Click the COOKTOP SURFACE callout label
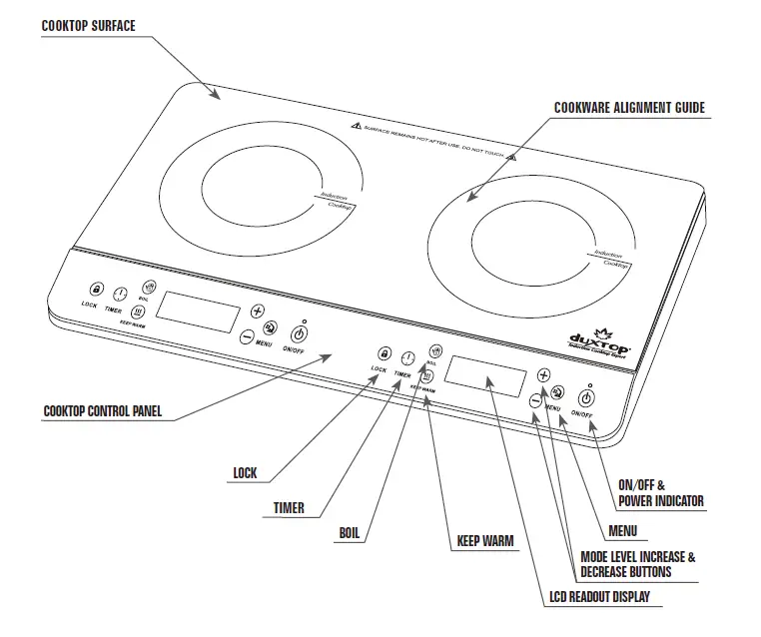[88, 26]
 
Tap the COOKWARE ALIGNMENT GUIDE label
[629, 107]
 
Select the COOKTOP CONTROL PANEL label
[103, 410]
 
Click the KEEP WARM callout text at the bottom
[485, 542]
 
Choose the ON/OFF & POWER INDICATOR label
[660, 493]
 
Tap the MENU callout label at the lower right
[621, 531]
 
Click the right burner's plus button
[544, 375]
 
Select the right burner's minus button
[535, 401]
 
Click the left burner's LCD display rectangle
[198, 311]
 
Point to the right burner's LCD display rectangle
[486, 375]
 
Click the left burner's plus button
[258, 311]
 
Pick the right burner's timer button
[407, 359]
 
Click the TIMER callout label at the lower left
[289, 508]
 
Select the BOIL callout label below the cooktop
[349, 533]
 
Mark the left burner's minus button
[247, 337]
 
